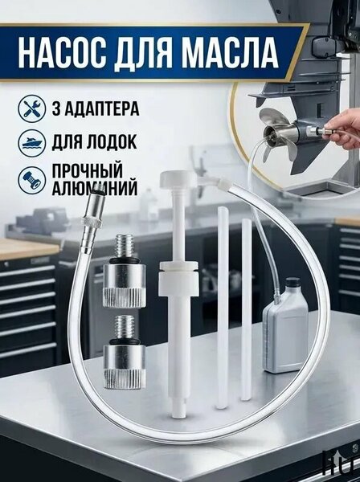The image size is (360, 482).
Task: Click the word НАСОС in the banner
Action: (63, 54)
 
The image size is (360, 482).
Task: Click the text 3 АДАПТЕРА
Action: (96, 108)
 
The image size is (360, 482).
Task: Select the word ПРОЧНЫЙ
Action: (88, 170)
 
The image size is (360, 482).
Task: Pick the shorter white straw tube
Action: (246, 309)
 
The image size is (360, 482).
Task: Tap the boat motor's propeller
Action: (277, 135)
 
